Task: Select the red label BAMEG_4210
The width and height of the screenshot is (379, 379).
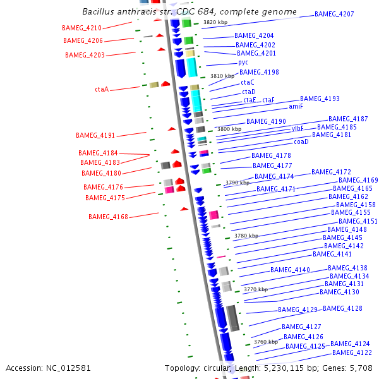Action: coord(81,28)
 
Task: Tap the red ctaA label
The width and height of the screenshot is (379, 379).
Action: coord(102,90)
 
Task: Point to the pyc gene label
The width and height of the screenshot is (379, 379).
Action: coord(243,63)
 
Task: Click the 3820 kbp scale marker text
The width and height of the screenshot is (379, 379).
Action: coord(215,22)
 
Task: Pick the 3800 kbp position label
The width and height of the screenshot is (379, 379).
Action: coord(229,129)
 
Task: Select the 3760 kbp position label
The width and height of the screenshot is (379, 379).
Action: coord(266,342)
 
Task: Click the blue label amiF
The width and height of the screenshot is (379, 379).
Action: coord(296,107)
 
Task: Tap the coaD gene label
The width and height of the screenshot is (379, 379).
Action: coord(301,141)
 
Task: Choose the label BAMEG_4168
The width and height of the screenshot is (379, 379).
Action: coord(108,217)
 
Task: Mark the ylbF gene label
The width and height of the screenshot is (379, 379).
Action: coord(298,128)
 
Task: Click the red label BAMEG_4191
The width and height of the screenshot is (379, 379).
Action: coord(95,136)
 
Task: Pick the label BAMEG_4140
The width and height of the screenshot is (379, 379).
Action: coord(290,270)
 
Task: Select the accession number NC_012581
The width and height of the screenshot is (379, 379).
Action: coord(69,368)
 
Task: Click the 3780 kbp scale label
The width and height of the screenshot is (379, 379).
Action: coord(246,236)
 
